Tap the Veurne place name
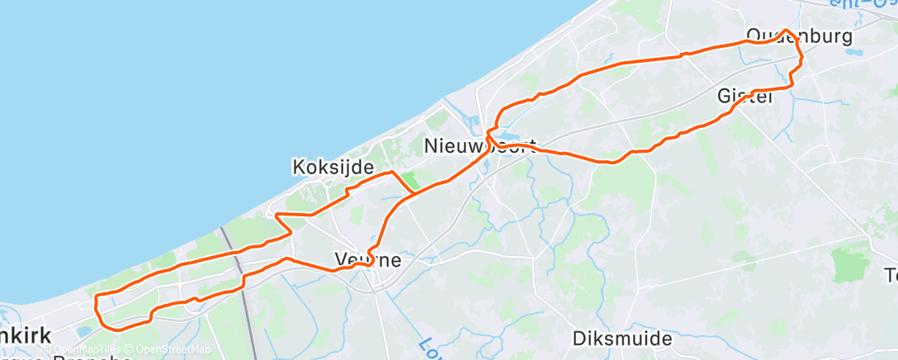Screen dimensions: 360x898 click(x=368, y=260)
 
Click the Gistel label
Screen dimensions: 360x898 click(x=744, y=96)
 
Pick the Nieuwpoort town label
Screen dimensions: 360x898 click(x=480, y=147)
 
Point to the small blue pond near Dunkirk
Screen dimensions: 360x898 click(x=83, y=332)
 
